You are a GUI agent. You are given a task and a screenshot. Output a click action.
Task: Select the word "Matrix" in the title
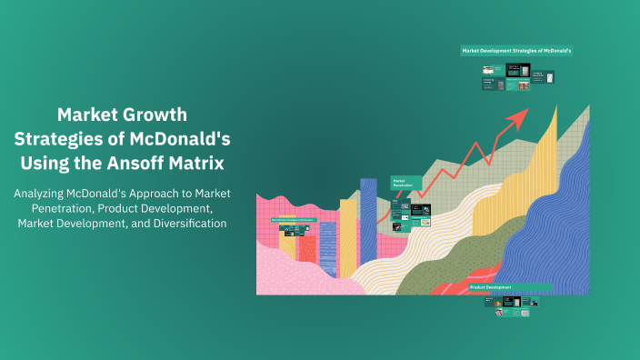pyautogui.click(x=225, y=163)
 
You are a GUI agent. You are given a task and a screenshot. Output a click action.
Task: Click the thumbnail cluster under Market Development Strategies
pyautogui.click(x=518, y=79)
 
